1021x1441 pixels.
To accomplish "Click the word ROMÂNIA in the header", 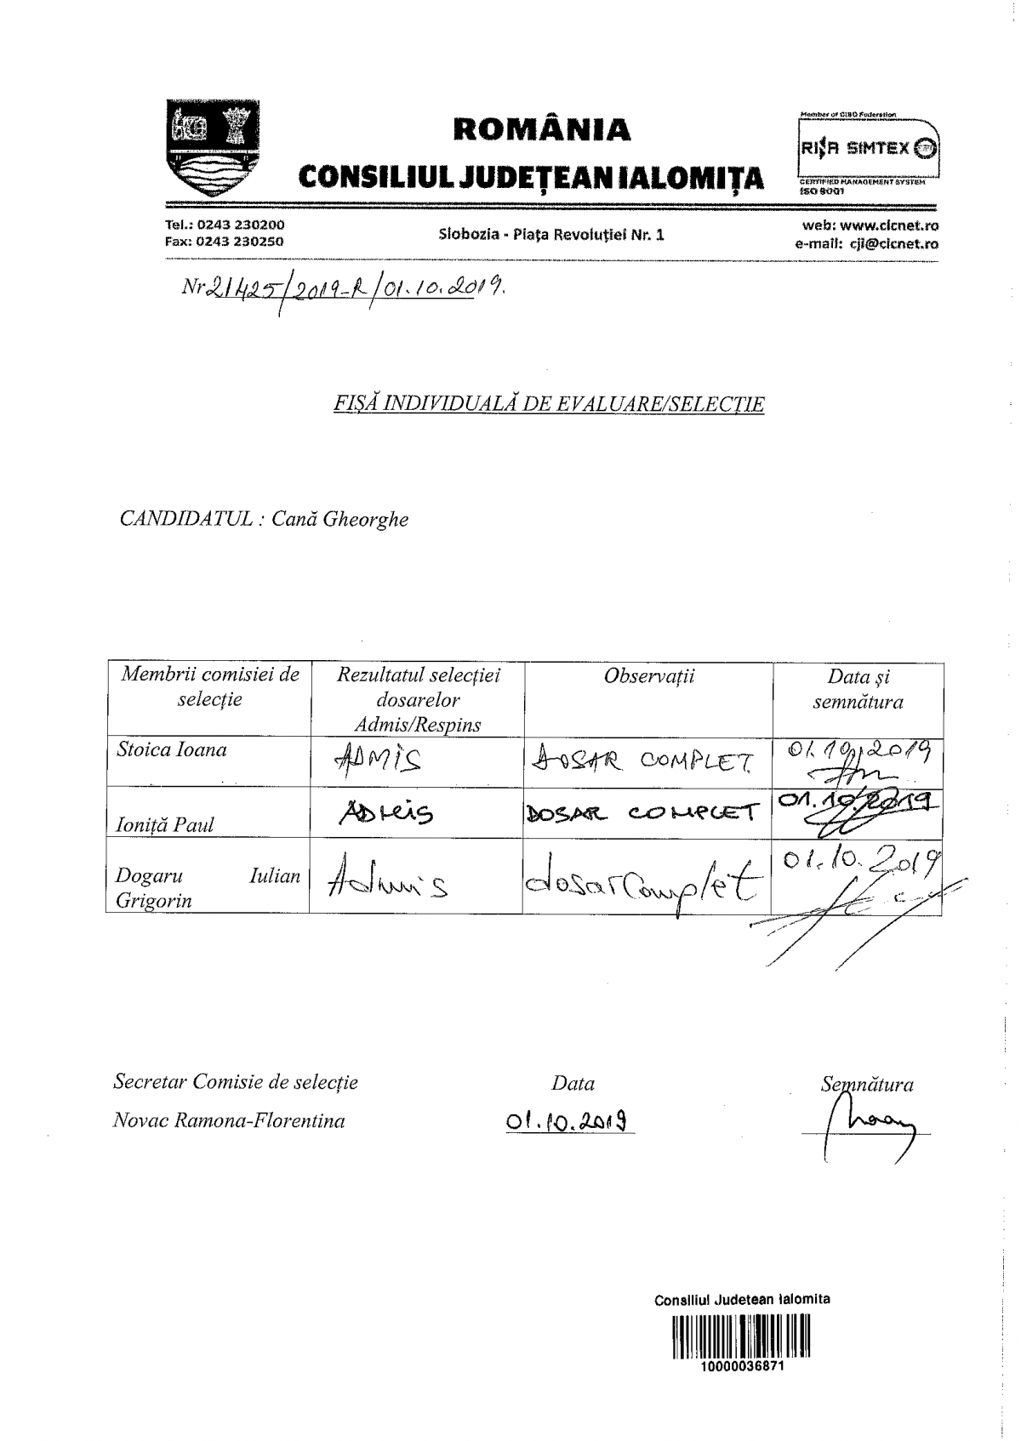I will click(543, 129).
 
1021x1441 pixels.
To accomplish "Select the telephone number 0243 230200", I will click(241, 225).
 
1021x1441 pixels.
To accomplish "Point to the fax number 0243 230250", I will click(240, 241).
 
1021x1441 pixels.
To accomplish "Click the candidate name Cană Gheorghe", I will click(339, 519).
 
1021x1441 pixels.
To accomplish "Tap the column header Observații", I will click(648, 676).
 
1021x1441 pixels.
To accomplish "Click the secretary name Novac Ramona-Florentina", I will click(229, 1120).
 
